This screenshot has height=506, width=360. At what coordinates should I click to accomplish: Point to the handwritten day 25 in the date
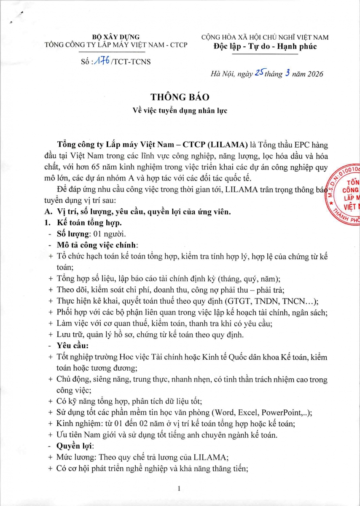[257, 73]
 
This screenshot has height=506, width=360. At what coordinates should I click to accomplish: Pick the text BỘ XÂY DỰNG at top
[116, 37]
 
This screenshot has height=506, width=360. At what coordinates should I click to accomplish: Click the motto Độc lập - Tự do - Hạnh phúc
[265, 46]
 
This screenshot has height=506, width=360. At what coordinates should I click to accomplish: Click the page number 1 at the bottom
[180, 488]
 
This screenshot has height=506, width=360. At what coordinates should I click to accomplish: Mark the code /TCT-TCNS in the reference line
[130, 62]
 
